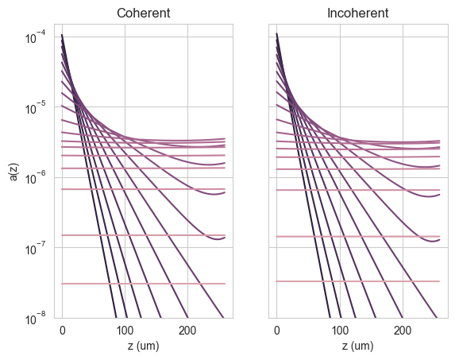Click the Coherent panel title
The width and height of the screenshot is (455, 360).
pos(144,14)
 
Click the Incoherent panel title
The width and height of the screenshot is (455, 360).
pos(358,14)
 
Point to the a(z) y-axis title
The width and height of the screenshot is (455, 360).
pos(14,172)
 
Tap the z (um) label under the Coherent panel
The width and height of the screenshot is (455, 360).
pos(144,346)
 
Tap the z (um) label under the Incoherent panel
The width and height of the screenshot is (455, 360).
pos(358,346)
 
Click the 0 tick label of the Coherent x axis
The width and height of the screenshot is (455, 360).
pos(63,331)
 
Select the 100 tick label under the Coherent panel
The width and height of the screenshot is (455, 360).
pos(125,331)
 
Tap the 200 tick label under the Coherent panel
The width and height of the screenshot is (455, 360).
pos(187,331)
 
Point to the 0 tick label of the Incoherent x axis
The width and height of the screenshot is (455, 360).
pos(277,331)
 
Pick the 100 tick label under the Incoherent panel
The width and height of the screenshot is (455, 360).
pos(340,331)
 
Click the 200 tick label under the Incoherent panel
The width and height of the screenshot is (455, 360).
pos(403,331)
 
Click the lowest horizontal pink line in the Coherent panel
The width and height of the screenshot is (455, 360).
pos(144,284)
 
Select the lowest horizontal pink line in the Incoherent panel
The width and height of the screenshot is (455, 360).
pos(358,281)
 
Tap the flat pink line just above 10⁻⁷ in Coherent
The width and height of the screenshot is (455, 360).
pos(144,235)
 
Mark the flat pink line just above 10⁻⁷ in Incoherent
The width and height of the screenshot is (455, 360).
pos(358,237)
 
